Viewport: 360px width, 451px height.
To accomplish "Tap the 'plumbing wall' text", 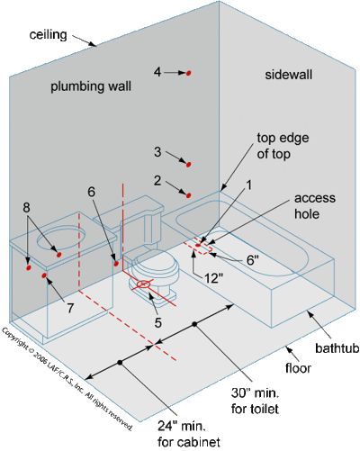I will [92, 86].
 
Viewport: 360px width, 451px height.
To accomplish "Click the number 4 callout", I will [157, 71].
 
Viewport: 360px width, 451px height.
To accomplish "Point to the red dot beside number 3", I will [188, 164].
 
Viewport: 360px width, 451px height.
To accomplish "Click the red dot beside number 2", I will [188, 194].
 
